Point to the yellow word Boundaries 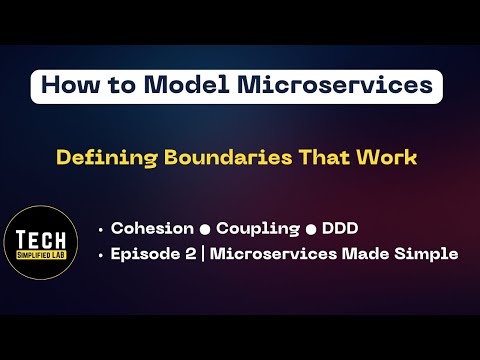coord(212,157)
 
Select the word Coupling coord(250,228)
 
